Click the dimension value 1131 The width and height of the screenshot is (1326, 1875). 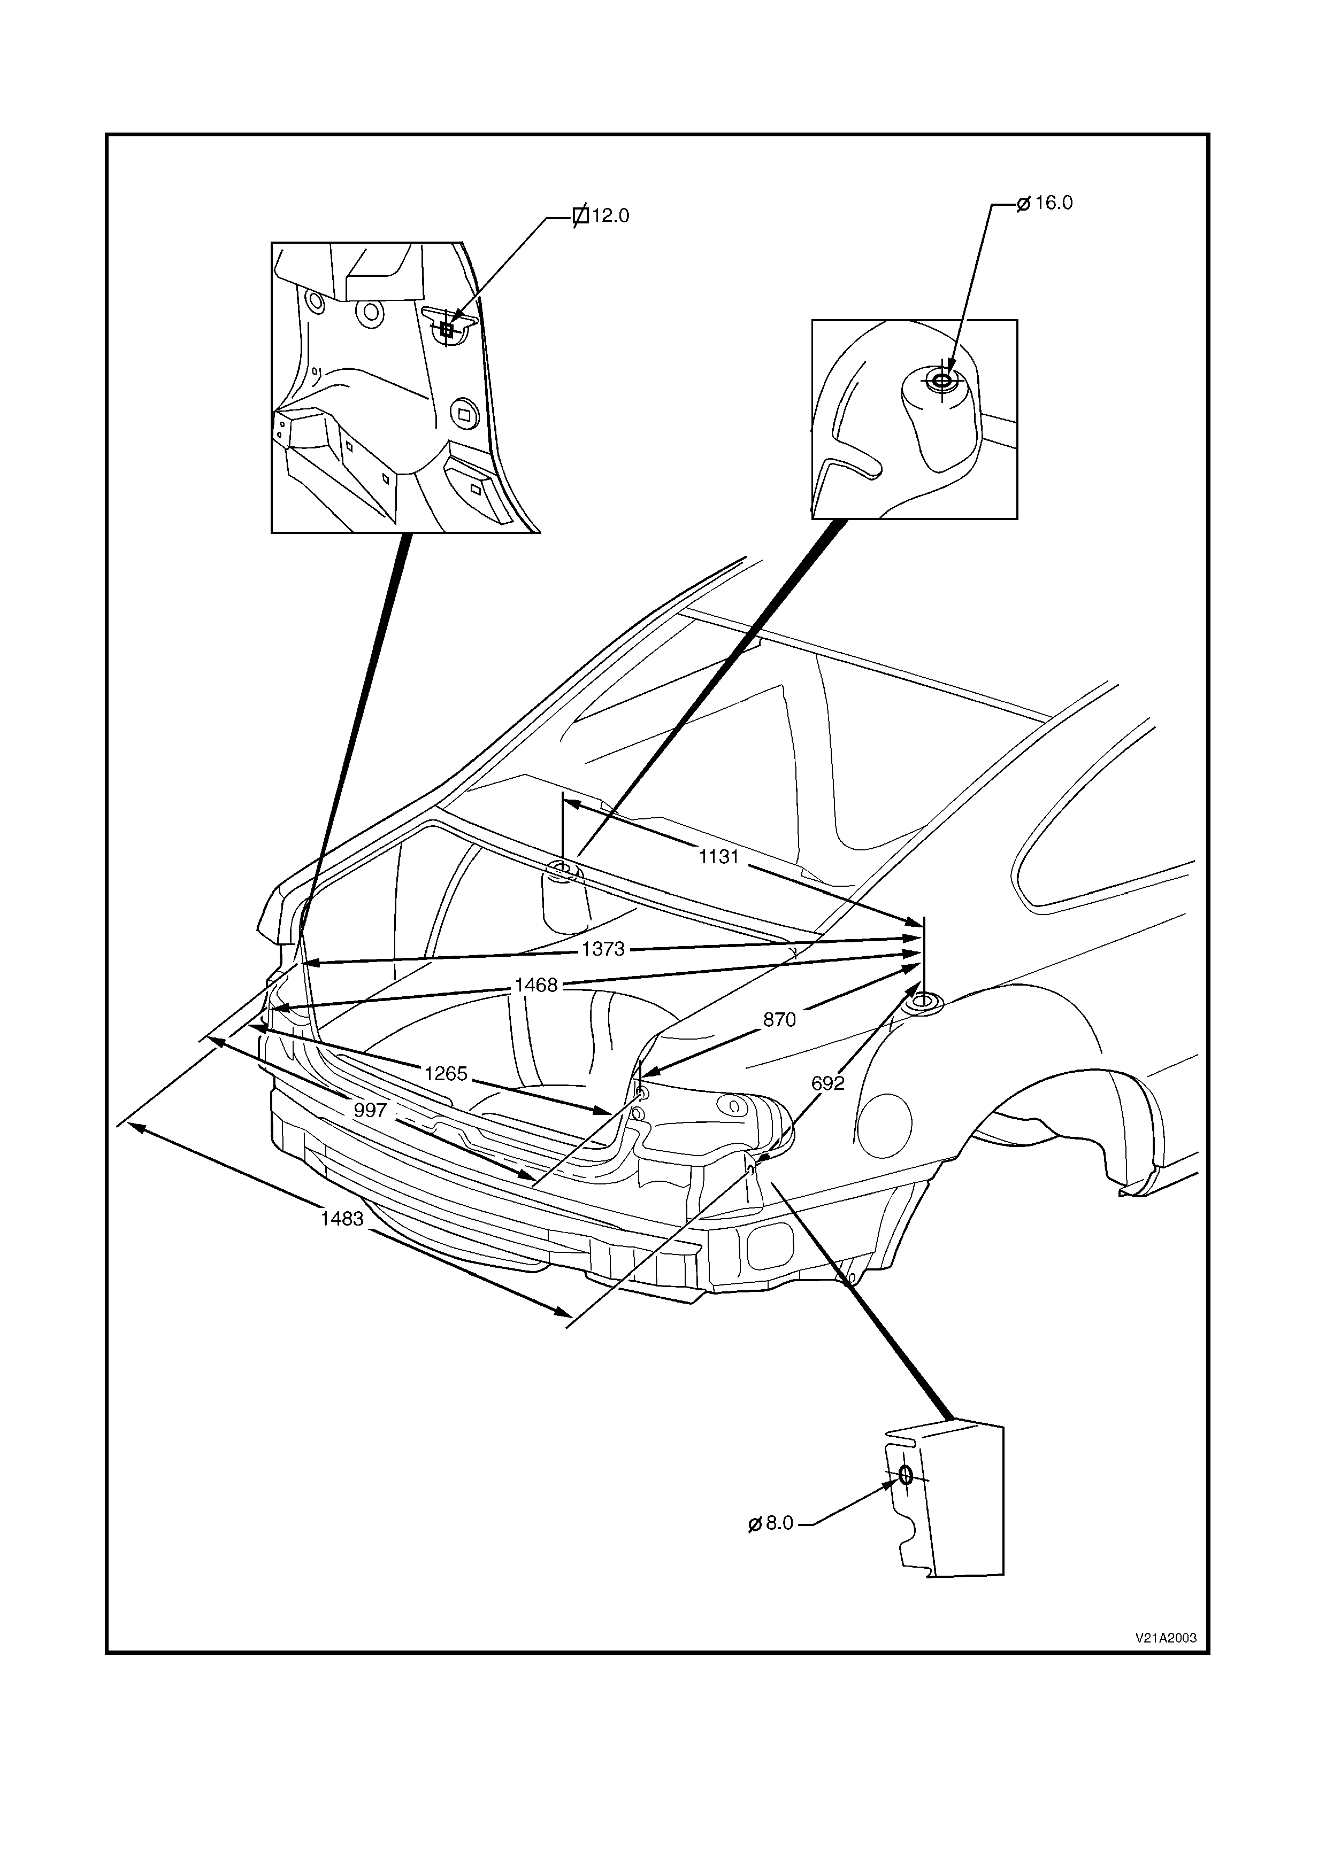click(719, 857)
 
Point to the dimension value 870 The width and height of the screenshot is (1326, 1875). click(779, 1019)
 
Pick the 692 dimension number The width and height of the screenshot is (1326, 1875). click(827, 1083)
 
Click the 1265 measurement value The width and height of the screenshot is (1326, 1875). click(445, 1073)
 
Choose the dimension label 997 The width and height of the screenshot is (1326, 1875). click(370, 1110)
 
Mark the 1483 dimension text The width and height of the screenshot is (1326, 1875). click(341, 1219)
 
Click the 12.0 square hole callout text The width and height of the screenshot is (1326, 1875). click(610, 216)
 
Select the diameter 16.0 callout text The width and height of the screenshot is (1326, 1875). click(1053, 203)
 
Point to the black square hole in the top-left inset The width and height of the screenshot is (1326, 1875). click(446, 330)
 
